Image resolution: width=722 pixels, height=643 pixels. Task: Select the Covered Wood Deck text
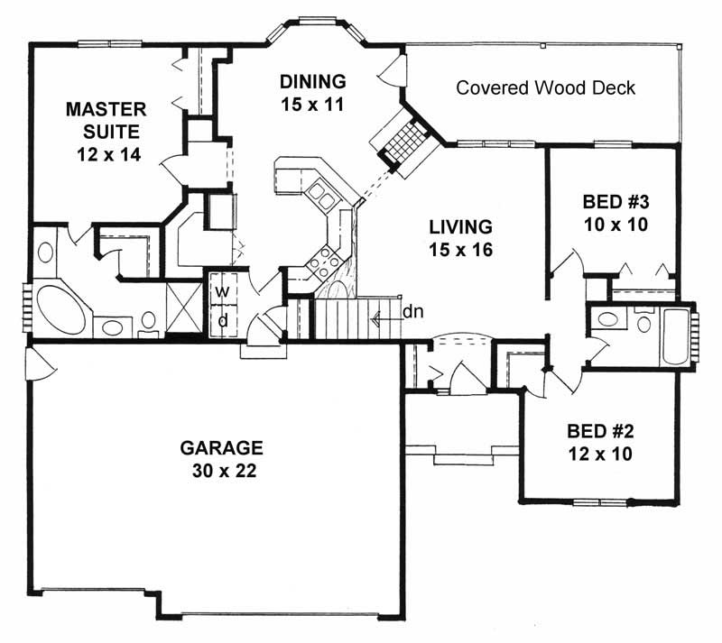pyautogui.click(x=545, y=88)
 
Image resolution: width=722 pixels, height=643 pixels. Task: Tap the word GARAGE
pyautogui.click(x=221, y=447)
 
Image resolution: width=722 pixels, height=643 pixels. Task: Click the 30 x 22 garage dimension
pyautogui.click(x=221, y=470)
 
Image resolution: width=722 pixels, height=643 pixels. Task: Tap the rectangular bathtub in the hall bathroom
pyautogui.click(x=674, y=335)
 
